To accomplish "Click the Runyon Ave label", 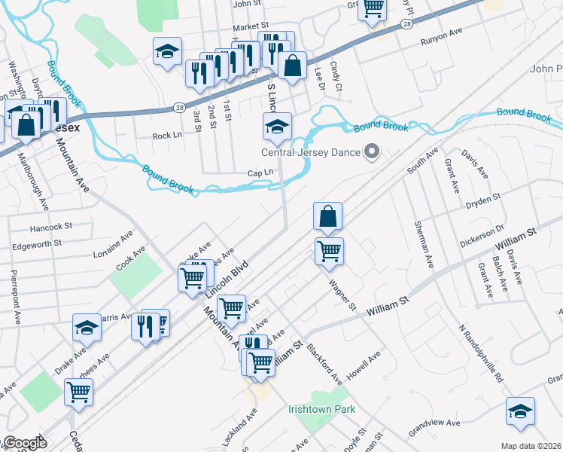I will coord(441,34).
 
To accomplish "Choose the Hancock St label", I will coord(50,226).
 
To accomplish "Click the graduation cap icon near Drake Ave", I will coord(87,328).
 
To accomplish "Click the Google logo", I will coord(24,444).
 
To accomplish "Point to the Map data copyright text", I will coord(531,446).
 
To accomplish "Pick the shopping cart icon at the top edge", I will coord(373,9).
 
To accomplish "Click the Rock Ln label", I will coord(167,136).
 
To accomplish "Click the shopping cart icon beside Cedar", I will coord(78,392).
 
